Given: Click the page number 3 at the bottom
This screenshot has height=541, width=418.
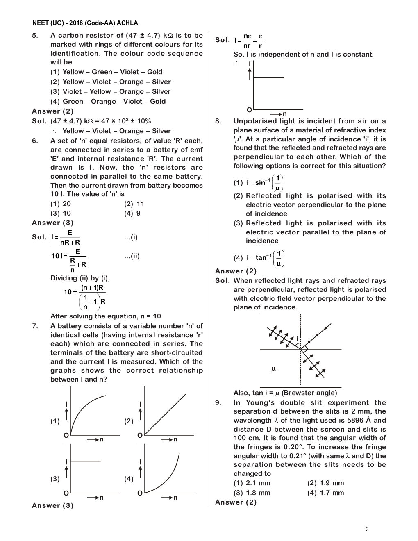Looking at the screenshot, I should pos(367,529).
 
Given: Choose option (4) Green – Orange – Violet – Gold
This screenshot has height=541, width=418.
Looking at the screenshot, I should pos(108,101).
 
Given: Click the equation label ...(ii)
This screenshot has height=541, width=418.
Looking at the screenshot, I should pos(132,256).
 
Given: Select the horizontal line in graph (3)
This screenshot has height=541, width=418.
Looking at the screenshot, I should pos(86,461).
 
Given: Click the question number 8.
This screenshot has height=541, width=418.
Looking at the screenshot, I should pos(218,121).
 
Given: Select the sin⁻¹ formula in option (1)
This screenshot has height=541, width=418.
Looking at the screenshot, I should pos(264,182).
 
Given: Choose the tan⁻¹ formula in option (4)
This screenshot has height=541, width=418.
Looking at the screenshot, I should pos(265,258).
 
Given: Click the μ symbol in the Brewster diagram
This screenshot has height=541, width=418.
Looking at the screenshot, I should pos(274,369).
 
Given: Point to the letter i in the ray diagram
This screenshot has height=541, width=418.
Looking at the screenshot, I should pos(297,339).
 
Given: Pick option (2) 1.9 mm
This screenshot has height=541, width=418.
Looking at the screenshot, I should pos(325,483).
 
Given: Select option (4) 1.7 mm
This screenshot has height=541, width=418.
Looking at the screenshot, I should pos(325,493).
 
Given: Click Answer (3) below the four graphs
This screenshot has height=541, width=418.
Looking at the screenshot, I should pos(53,505).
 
